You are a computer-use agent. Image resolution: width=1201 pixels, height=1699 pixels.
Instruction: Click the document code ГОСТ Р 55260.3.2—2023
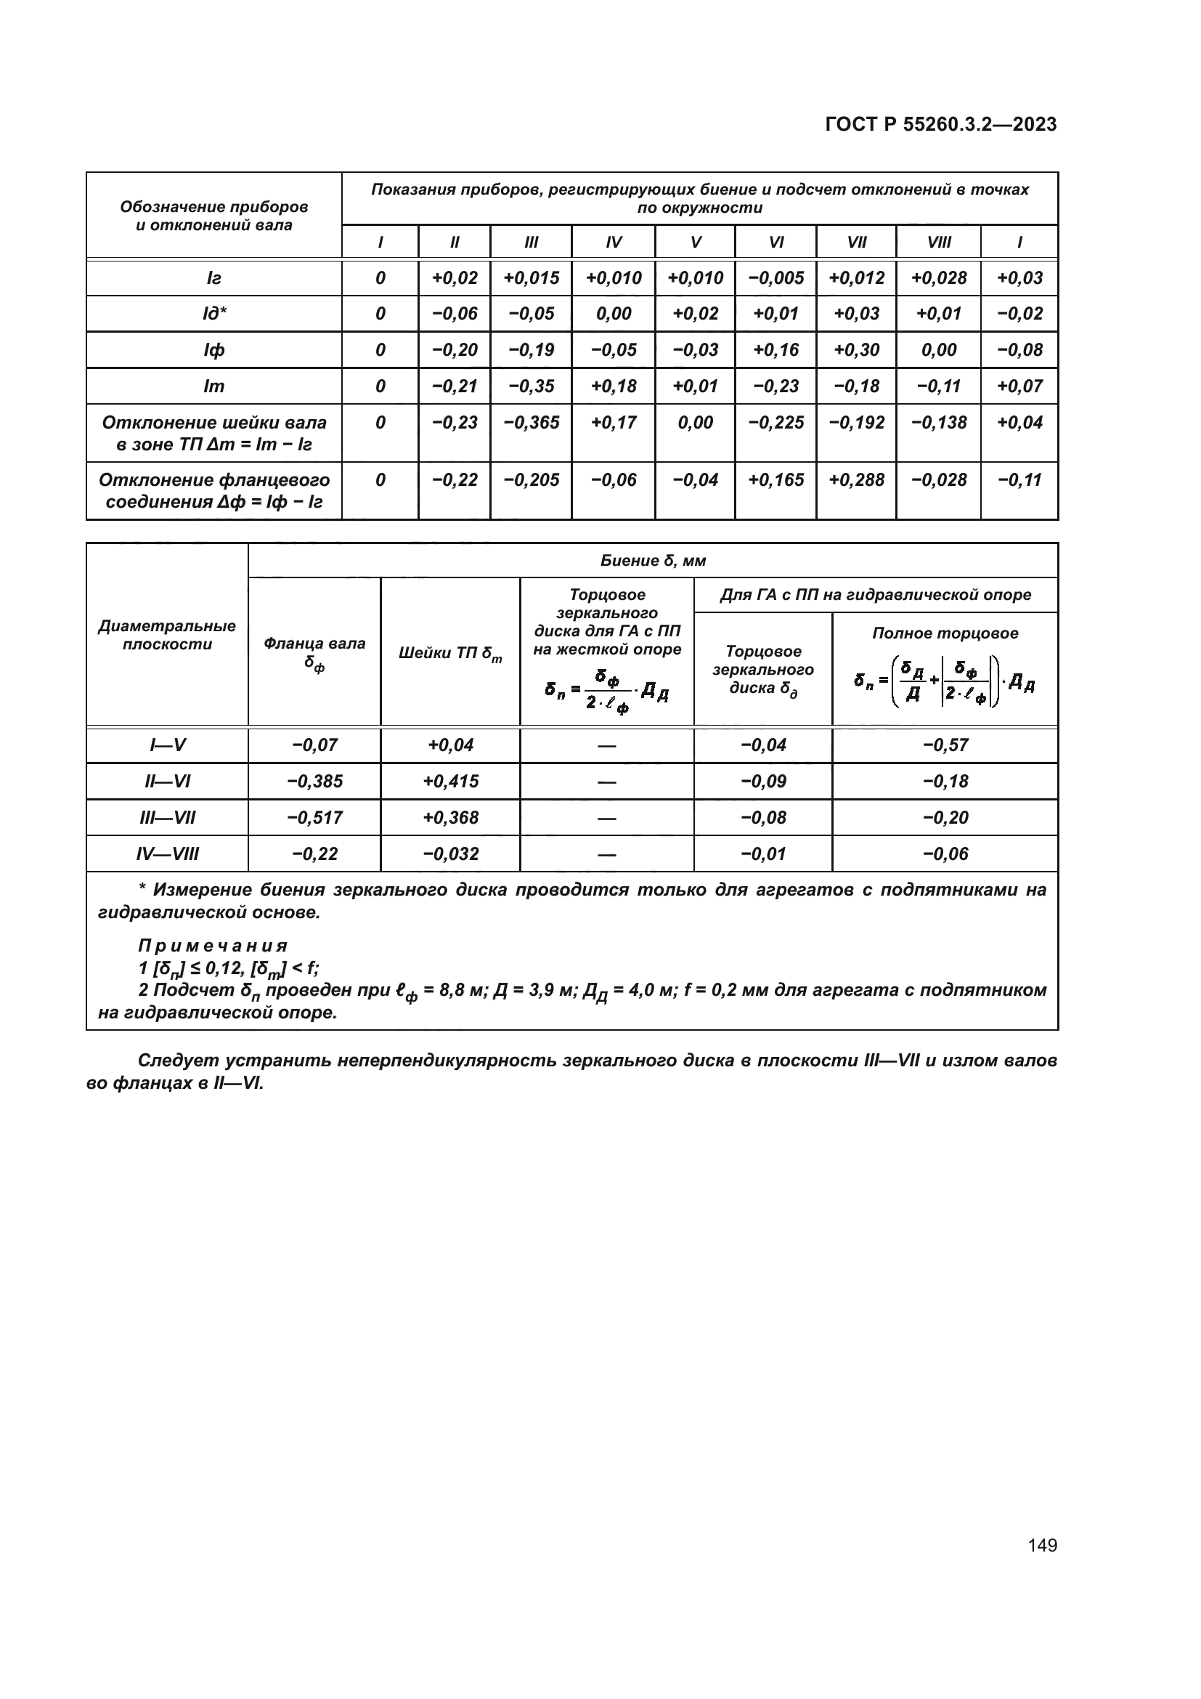tap(940, 124)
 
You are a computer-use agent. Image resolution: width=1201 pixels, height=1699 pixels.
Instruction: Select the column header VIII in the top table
tap(938, 242)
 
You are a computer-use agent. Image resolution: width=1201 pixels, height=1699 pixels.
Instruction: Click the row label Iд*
tap(213, 314)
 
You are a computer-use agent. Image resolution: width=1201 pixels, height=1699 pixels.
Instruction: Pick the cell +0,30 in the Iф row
tap(855, 350)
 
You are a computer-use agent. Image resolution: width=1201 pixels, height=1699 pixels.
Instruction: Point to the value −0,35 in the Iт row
tap(531, 386)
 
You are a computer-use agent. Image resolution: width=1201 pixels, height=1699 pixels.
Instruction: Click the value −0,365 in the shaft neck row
tap(531, 423)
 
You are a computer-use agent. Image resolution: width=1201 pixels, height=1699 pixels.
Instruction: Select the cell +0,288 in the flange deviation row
tap(855, 480)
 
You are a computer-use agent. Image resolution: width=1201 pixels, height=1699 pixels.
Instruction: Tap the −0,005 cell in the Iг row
tap(775, 278)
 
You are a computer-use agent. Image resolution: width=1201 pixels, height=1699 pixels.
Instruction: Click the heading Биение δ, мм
tap(652, 561)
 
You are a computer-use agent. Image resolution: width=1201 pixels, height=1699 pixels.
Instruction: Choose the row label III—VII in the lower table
tap(167, 818)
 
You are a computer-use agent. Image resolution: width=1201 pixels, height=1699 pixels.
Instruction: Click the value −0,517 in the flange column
tap(314, 818)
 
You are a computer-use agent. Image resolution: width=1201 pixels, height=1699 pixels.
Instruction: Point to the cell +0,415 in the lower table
tap(450, 782)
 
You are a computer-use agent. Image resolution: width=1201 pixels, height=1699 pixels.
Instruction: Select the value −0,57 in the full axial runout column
tap(945, 745)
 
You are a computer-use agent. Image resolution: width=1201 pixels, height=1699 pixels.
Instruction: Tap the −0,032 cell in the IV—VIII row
tap(450, 854)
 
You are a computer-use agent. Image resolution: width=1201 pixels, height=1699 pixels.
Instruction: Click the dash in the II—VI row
tap(606, 782)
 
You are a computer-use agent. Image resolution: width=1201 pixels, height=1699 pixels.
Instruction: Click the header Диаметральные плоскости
tap(167, 635)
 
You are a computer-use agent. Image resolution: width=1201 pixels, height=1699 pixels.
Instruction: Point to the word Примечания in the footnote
tap(213, 946)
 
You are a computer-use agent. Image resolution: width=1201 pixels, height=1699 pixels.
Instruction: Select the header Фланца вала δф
tap(314, 653)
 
